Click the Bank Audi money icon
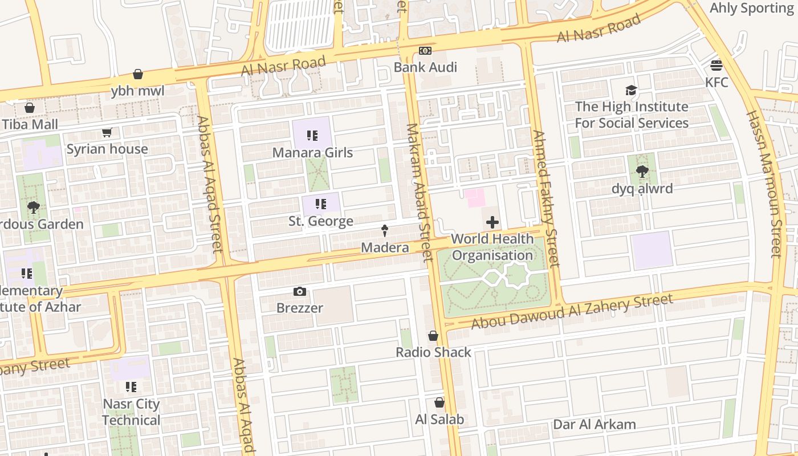point(425,51)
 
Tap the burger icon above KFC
point(716,66)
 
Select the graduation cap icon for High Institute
point(631,90)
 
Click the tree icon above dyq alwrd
point(642,171)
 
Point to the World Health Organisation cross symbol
point(492,222)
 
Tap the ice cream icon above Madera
point(385,231)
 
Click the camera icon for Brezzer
point(300,292)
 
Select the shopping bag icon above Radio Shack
point(433,336)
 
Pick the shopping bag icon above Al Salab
point(439,402)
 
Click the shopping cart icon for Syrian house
point(107,133)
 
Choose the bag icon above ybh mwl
point(137,74)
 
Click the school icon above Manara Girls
point(312,136)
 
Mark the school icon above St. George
point(320,204)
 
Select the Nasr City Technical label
point(131,412)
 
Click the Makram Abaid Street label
point(419,192)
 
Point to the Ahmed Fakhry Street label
point(546,198)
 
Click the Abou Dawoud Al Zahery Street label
point(572,312)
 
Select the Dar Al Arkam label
point(594,425)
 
